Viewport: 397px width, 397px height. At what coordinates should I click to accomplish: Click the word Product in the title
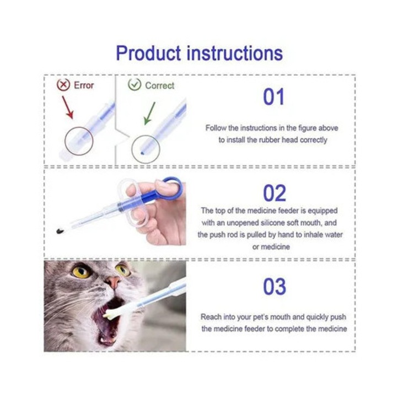[148, 53]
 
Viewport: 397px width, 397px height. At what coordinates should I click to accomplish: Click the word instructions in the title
[235, 53]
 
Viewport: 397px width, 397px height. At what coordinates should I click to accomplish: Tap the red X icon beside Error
[63, 85]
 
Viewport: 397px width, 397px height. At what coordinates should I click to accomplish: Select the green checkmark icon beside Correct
[135, 84]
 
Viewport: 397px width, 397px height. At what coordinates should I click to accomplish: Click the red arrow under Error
[68, 108]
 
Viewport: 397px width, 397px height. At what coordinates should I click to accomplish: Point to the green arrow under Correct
[149, 114]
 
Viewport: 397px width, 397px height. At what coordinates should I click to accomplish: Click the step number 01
[273, 97]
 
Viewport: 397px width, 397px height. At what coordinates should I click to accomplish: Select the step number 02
[275, 193]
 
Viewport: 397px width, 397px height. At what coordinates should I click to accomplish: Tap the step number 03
[275, 287]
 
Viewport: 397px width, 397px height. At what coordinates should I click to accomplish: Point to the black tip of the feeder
[60, 231]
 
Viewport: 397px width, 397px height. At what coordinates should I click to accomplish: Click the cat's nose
[113, 282]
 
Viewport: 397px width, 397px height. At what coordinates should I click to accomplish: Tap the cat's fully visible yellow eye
[81, 271]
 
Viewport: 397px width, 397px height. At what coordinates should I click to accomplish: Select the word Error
[84, 85]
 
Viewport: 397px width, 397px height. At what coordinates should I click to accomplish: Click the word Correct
[159, 85]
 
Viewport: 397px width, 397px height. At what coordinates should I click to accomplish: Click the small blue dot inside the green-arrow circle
[142, 153]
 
